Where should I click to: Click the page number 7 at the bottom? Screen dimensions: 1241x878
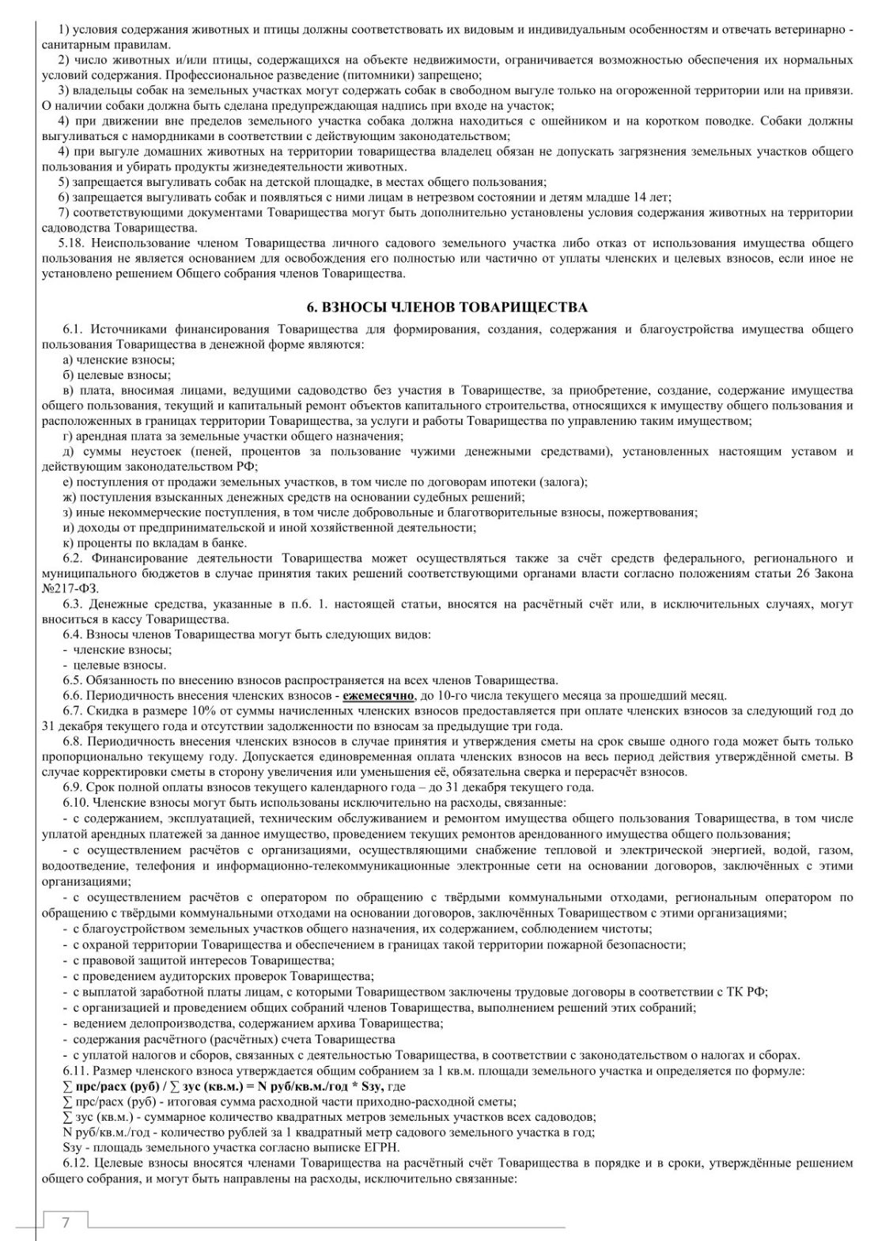coord(66,1223)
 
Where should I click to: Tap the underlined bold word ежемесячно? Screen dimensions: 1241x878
coord(378,695)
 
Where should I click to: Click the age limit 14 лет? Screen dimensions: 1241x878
coord(651,198)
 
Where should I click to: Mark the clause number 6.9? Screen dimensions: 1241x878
coord(74,787)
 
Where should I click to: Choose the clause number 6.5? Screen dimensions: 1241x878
coord(74,680)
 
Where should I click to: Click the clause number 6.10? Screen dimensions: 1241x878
coord(77,802)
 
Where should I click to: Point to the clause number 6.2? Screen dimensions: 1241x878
coord(74,558)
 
